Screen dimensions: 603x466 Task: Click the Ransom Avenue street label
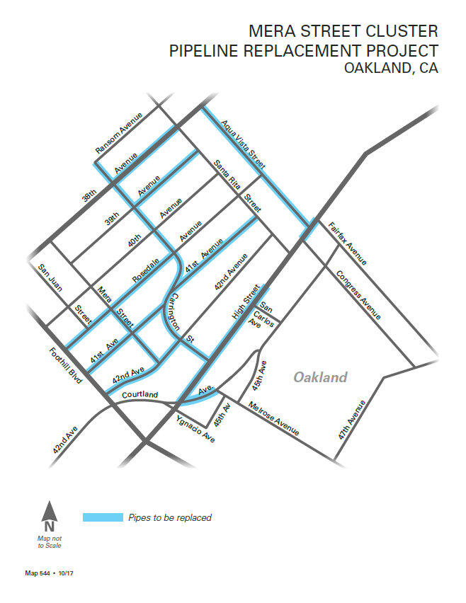pos(120,133)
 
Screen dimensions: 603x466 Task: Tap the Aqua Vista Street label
pos(243,144)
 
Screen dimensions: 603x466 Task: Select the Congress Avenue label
pos(358,294)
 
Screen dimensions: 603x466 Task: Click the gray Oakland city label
pos(321,377)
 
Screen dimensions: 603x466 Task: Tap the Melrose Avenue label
pos(273,418)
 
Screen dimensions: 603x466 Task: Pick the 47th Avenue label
pos(352,420)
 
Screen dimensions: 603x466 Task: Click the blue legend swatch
pos(103,517)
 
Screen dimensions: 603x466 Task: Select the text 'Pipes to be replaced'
pos(170,517)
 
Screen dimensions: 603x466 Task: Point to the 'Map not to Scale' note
pos(48,541)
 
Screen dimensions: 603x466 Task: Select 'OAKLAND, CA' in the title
pos(390,69)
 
